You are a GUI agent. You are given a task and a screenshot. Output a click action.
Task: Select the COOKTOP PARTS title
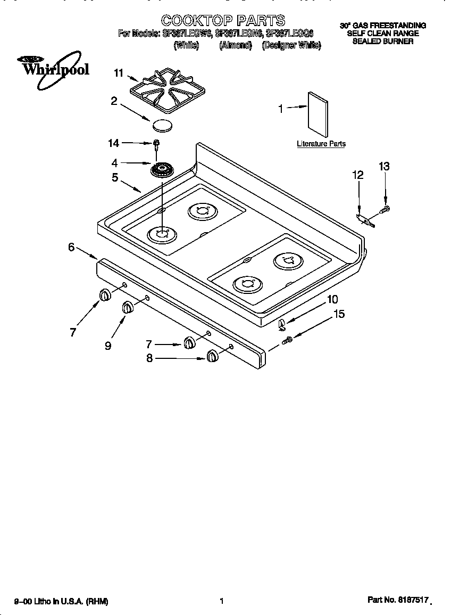click(223, 21)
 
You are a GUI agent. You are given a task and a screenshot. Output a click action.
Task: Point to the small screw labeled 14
click(156, 143)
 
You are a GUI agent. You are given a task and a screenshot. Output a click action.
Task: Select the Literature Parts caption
click(321, 144)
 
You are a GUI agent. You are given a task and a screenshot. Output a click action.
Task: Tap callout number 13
click(384, 167)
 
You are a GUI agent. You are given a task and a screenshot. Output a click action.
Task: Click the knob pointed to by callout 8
click(212, 356)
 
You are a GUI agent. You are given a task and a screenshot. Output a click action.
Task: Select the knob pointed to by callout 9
click(128, 307)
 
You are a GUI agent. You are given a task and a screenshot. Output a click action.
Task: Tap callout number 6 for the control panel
click(71, 247)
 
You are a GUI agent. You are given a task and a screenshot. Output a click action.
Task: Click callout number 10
click(332, 299)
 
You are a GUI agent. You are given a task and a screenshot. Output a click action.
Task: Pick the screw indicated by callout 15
click(288, 339)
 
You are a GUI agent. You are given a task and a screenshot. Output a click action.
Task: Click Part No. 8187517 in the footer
click(398, 600)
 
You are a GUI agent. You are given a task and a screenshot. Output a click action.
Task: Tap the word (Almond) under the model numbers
click(235, 46)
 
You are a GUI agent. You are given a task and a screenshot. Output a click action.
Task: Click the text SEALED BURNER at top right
click(383, 41)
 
